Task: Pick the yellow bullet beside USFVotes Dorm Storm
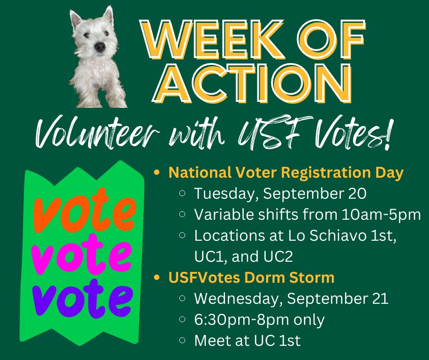click(x=157, y=278)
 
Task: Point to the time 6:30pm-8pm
click(x=246, y=319)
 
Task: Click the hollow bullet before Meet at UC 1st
click(x=183, y=341)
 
